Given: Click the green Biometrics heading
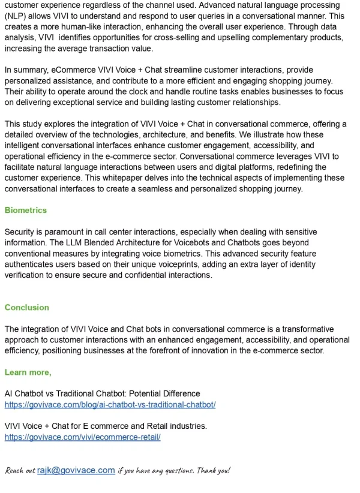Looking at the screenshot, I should point(25,211).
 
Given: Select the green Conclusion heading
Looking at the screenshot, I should point(26,307).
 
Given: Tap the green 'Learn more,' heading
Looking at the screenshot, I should point(28,372).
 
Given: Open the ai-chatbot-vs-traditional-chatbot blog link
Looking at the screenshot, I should point(110,405).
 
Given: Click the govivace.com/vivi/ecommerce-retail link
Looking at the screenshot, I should point(82,437).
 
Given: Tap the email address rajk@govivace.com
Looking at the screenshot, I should point(76,470).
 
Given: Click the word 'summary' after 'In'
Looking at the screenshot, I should point(31,70).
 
